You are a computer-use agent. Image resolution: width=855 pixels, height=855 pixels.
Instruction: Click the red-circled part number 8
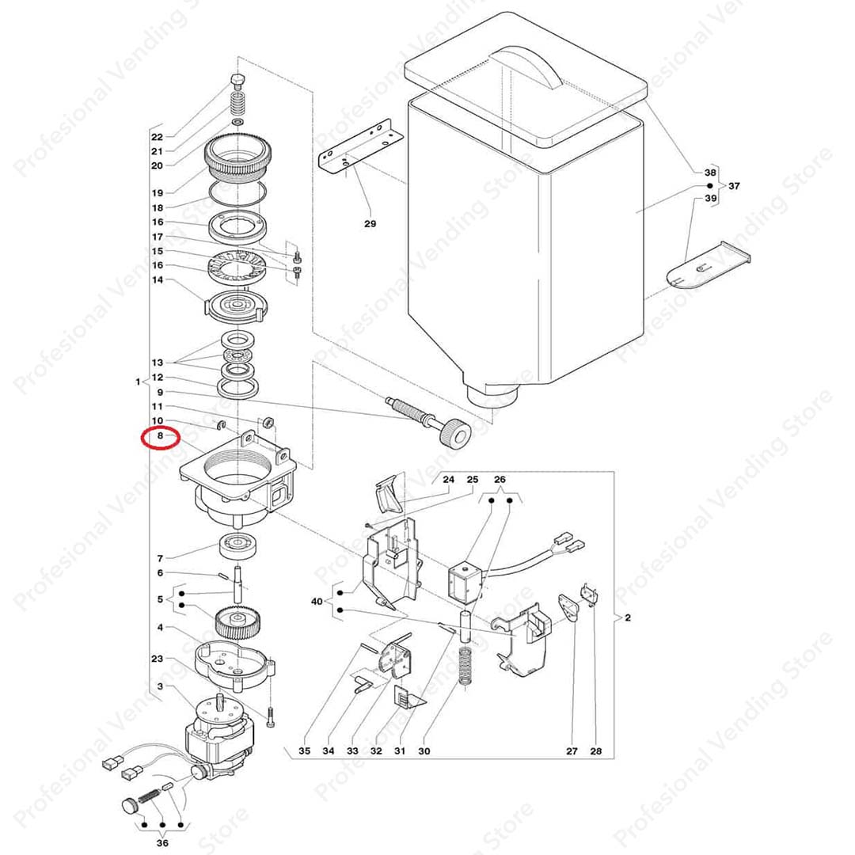(x=159, y=435)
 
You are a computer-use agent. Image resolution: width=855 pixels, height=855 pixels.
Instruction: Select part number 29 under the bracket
(x=370, y=224)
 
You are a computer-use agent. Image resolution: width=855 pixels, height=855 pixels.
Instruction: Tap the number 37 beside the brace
(x=734, y=186)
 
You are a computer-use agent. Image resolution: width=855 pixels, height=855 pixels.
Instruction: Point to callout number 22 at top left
(x=157, y=136)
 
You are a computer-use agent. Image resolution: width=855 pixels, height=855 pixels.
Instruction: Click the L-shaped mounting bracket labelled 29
(x=356, y=146)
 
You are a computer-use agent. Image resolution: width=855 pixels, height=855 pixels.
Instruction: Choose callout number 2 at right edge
(x=627, y=617)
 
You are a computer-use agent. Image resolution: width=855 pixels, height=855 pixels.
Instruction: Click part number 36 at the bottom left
(x=163, y=843)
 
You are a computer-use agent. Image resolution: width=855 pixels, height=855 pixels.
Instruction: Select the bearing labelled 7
(x=238, y=546)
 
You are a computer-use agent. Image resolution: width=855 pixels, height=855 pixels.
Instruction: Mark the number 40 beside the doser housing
(x=317, y=602)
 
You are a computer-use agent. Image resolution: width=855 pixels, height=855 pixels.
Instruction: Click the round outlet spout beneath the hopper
(x=490, y=392)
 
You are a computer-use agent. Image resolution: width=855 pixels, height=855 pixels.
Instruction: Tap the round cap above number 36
(x=128, y=806)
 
